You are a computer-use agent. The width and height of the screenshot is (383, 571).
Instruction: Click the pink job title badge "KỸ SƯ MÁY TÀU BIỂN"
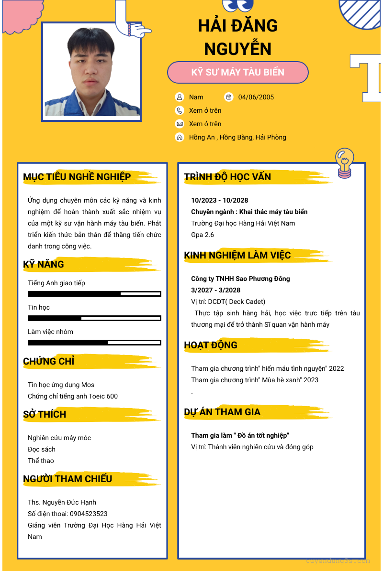coord(237,73)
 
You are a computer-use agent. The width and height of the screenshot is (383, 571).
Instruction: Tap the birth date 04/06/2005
coord(256,97)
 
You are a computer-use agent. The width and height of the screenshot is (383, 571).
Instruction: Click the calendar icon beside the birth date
coord(229,97)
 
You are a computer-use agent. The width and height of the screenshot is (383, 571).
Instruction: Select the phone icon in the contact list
coord(180,110)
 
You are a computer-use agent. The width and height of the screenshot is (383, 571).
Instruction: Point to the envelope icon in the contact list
coord(180,124)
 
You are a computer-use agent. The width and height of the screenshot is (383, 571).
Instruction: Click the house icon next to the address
coord(180,137)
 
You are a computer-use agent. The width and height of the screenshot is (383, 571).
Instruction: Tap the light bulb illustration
coord(345,162)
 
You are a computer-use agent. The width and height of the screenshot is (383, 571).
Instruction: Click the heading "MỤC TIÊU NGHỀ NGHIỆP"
coord(77,177)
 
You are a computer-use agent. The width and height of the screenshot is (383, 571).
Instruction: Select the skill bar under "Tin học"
coord(94,318)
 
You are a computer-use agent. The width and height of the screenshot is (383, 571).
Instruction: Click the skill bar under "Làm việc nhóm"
coord(94,342)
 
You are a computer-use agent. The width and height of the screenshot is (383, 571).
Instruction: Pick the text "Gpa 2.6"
coord(203,235)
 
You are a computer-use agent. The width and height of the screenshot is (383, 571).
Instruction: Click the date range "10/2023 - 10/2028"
coord(220,200)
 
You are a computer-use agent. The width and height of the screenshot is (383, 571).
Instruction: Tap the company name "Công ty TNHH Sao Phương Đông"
coord(240,279)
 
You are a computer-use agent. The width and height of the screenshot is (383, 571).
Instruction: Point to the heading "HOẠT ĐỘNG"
coord(211,345)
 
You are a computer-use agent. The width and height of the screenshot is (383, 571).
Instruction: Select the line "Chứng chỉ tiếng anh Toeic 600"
coord(73,396)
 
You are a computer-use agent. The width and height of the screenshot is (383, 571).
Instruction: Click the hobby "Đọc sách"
coord(42,449)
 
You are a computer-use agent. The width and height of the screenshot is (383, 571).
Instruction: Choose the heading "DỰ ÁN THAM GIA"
coord(222,412)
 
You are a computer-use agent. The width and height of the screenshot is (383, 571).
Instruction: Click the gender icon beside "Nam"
coord(180,97)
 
